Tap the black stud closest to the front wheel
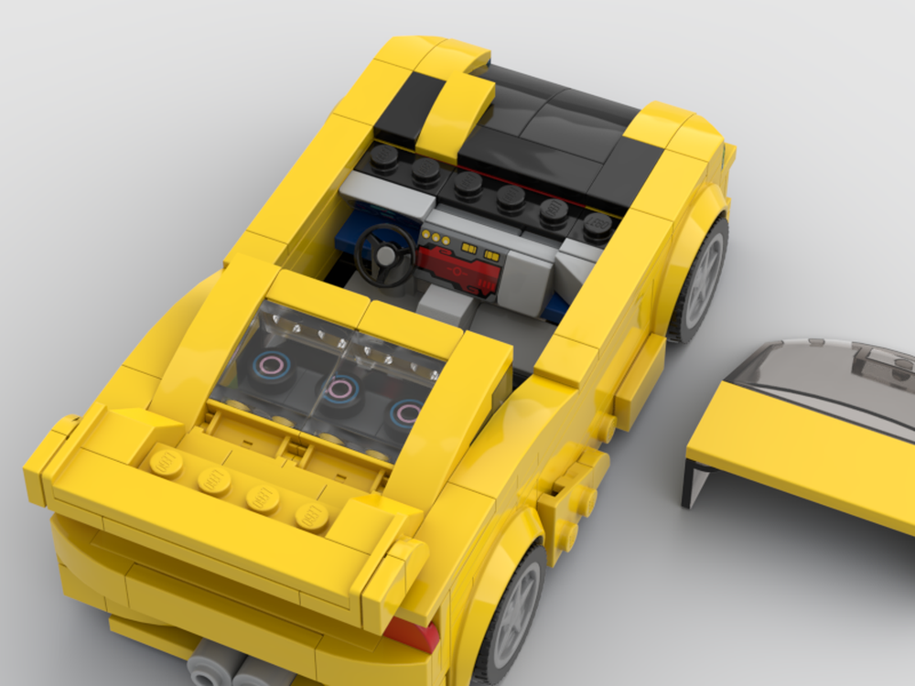tap(597, 224)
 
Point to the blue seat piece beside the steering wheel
tap(361, 229)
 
